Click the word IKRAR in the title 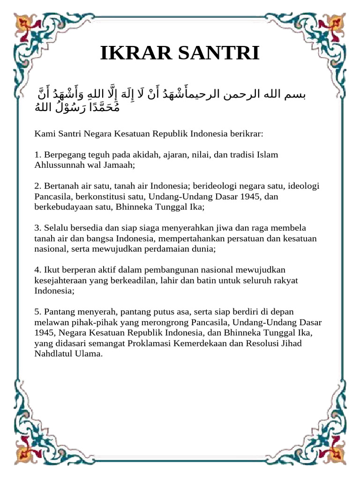pyautogui.click(x=132, y=53)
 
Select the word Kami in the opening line pyautogui.click(x=44, y=134)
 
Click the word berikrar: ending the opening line pyautogui.click(x=247, y=134)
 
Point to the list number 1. pyautogui.click(x=37, y=155)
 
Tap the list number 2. pyautogui.click(x=37, y=186)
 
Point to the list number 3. pyautogui.click(x=37, y=228)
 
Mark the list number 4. pyautogui.click(x=37, y=270)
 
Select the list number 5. pyautogui.click(x=37, y=312)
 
